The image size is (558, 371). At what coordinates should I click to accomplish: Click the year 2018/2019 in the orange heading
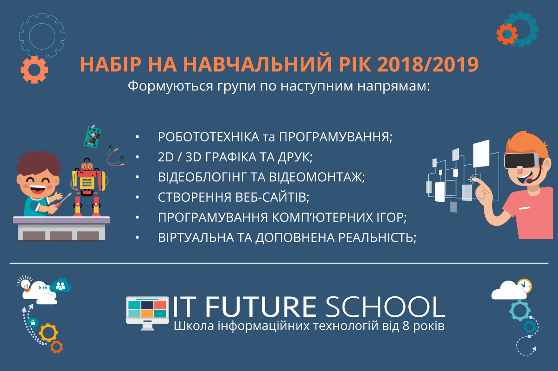pyautogui.click(x=428, y=64)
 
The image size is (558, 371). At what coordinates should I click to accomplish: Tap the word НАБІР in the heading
pyautogui.click(x=111, y=64)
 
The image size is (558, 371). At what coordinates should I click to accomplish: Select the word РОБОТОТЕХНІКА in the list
pyautogui.click(x=209, y=137)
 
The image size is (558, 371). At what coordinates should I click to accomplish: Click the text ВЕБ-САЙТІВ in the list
pyautogui.click(x=272, y=197)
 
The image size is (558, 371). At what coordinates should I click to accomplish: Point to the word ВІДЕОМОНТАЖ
pyautogui.click(x=317, y=177)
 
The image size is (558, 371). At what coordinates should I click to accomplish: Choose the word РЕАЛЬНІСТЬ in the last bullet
pyautogui.click(x=377, y=237)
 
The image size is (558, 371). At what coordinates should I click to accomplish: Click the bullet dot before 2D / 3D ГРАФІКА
pyautogui.click(x=137, y=157)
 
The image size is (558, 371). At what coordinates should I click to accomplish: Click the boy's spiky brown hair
pyautogui.click(x=38, y=162)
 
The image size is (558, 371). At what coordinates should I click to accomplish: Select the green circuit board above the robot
pyautogui.click(x=92, y=137)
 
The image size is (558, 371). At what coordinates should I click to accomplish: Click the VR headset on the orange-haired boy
pyautogui.click(x=521, y=161)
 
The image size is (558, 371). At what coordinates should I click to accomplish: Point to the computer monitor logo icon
pyautogui.click(x=147, y=313)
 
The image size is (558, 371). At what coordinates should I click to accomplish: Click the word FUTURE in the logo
pyautogui.click(x=261, y=307)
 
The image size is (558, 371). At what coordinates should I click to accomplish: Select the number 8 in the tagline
pyautogui.click(x=406, y=326)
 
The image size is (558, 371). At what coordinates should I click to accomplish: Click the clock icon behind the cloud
pyautogui.click(x=525, y=286)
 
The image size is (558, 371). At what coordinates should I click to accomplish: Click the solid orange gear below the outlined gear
pyautogui.click(x=34, y=70)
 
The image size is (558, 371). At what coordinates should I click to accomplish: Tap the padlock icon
pyautogui.click(x=32, y=322)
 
